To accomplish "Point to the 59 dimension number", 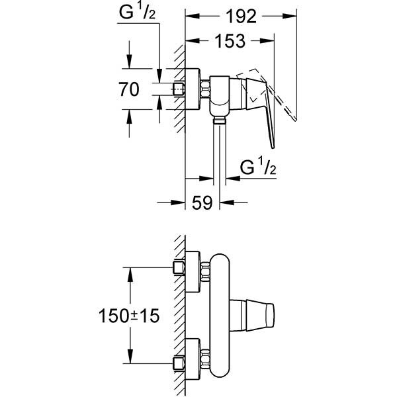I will tap(202, 203).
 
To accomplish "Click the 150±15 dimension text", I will tap(130, 316).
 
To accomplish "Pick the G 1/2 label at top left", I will tap(137, 11).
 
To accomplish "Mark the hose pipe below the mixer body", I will tap(220, 152).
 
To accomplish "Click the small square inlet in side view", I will tap(177, 89).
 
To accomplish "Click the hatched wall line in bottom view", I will tap(179, 318).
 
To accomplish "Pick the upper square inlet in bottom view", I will tap(177, 267).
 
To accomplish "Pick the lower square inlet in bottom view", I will tap(177, 363).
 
